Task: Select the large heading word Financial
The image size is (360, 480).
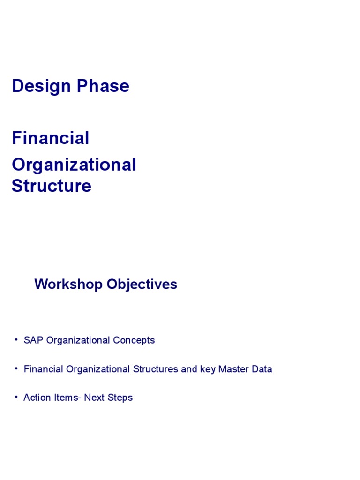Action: [50, 138]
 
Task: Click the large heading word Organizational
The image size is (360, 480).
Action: [74, 165]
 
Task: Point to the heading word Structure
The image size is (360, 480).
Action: [51, 186]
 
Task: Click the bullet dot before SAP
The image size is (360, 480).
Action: [16, 339]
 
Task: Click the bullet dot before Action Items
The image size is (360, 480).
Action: [16, 397]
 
